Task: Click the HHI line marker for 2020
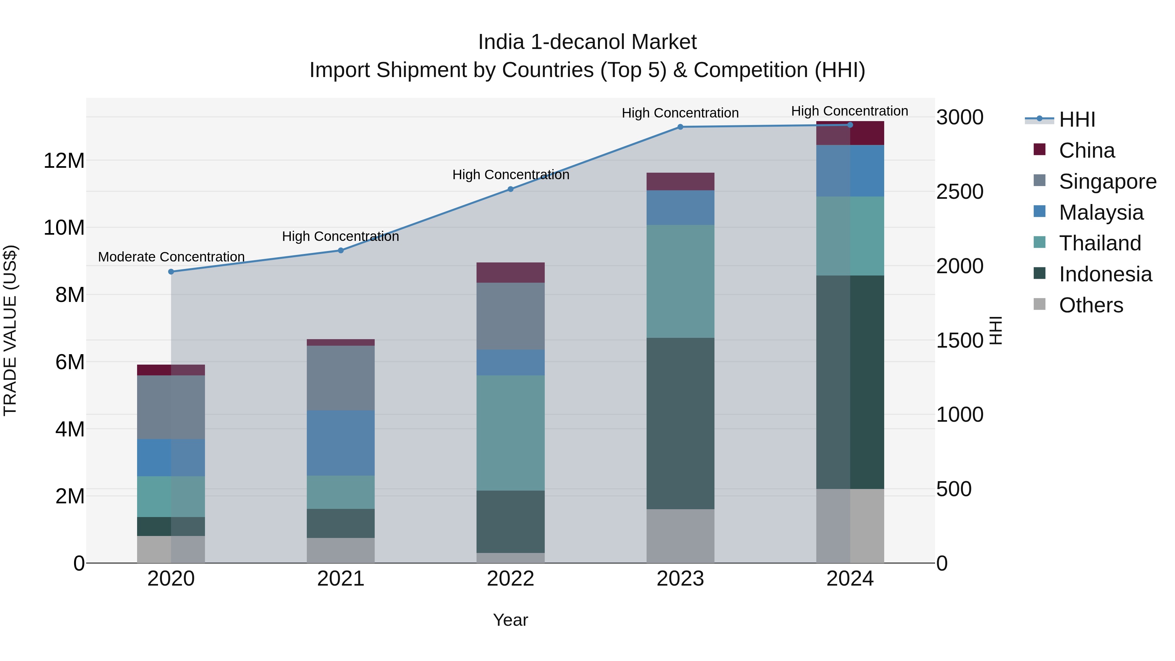(171, 272)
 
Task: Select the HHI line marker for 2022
(510, 189)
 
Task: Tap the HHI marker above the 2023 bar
(680, 127)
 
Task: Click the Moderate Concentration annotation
(171, 257)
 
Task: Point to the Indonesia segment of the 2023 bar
(680, 423)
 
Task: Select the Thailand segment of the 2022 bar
(510, 433)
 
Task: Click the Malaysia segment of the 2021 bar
(341, 443)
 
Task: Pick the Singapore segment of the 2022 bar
(510, 316)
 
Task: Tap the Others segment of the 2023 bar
(680, 536)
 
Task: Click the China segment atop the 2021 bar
(341, 342)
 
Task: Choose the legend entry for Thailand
(1099, 243)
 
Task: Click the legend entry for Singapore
(1107, 181)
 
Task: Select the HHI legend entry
(1076, 119)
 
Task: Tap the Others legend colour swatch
(1039, 304)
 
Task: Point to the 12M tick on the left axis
(64, 161)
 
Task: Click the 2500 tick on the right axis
(959, 192)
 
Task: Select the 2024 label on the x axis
(850, 579)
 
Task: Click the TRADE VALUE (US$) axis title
(10, 330)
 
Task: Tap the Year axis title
(510, 620)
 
